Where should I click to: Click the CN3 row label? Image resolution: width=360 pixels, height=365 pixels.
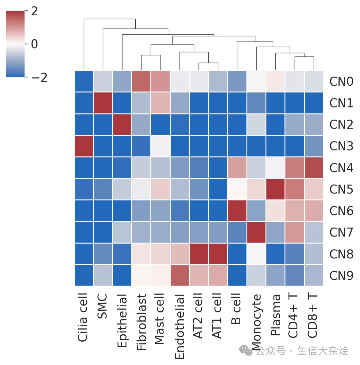(341, 146)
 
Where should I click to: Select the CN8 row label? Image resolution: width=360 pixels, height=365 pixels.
(341, 254)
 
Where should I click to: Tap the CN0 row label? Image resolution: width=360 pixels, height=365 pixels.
(341, 81)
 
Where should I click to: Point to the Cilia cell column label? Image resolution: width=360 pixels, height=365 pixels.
(83, 317)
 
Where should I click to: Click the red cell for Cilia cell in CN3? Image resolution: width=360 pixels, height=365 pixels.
(84, 146)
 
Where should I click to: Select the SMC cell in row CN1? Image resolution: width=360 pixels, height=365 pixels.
(103, 103)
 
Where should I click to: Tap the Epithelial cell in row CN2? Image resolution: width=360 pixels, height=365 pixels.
(122, 124)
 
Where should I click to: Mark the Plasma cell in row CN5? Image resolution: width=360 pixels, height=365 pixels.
(275, 189)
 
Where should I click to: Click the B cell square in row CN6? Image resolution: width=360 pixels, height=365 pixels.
(237, 211)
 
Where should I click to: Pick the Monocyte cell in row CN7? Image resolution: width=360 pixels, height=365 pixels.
(256, 233)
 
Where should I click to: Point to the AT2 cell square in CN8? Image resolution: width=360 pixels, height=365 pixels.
(199, 254)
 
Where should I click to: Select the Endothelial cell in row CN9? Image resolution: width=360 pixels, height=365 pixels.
(180, 276)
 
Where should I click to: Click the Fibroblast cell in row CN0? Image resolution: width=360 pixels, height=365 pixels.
(141, 81)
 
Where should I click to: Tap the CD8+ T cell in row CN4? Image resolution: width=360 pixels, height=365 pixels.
(313, 167)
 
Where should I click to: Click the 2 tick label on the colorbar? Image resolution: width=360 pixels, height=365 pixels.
(34, 12)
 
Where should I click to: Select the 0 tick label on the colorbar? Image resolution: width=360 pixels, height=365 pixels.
(34, 44)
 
